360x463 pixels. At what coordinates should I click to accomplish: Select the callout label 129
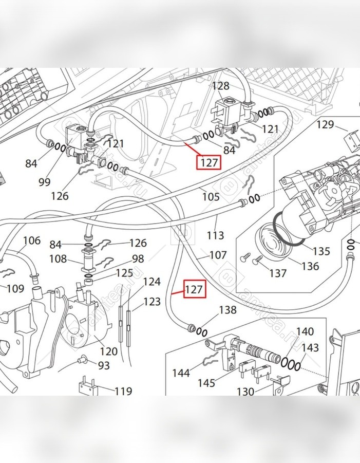point(325,124)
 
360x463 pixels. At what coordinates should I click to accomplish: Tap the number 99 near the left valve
point(44,181)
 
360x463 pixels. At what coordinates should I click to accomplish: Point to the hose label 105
point(211,196)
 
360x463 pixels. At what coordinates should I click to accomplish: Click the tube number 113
point(215,235)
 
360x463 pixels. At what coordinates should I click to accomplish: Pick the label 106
point(31,240)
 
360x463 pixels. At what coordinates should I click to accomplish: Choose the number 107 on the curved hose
point(218,254)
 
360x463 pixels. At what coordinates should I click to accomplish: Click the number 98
point(138,258)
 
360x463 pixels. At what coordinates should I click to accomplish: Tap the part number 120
point(108,351)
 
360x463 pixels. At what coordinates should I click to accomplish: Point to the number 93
point(104,365)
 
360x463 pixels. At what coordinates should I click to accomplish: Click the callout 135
point(321,252)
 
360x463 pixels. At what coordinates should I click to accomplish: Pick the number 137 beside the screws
point(278,273)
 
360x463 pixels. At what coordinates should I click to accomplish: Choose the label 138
point(228,310)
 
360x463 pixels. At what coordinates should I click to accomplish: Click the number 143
point(310,347)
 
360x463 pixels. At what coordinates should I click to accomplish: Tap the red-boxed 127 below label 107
point(194,290)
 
